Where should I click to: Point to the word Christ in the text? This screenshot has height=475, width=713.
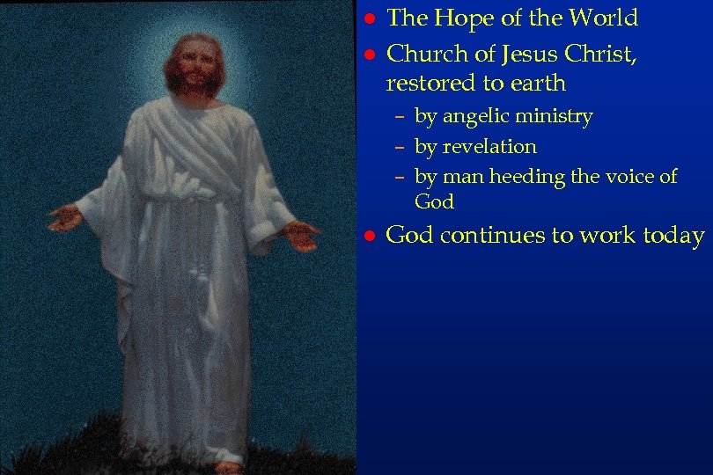(x=596, y=54)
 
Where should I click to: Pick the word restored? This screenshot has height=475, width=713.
(x=427, y=84)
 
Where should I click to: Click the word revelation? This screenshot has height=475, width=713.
(x=489, y=146)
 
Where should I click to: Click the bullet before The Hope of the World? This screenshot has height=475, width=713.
(x=371, y=19)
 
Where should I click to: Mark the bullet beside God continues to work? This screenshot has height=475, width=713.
(x=371, y=237)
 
